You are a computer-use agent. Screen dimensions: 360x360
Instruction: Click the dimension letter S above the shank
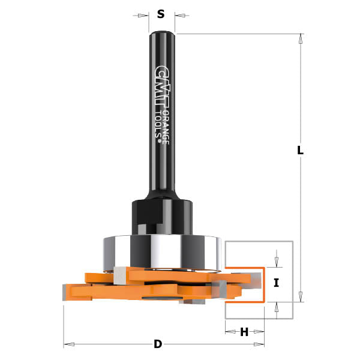pos(161,14)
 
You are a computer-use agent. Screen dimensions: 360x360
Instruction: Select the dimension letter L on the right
pos(300,151)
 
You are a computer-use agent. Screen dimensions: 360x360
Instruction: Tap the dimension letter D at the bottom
pos(158,344)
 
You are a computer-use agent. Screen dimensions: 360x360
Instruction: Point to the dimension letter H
pos(244,332)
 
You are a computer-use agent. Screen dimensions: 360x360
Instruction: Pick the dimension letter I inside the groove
pos(276,283)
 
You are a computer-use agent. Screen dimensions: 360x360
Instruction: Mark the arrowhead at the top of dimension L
pos(301,37)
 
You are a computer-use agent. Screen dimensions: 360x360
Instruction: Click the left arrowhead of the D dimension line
pos(68,344)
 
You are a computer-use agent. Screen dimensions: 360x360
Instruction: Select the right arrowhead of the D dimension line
pos(259,344)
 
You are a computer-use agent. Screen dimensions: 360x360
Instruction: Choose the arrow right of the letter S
pos(181,15)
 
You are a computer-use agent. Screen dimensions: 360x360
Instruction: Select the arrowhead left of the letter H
pos(229,331)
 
